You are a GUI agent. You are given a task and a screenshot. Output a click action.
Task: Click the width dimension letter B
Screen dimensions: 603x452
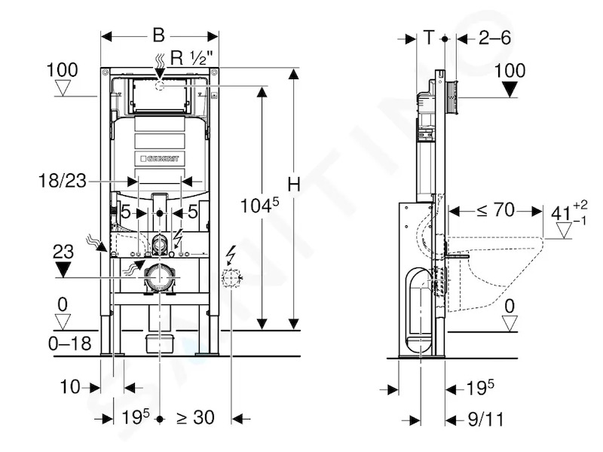(x=158, y=35)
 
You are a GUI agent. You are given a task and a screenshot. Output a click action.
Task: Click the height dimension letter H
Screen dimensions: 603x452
(x=294, y=185)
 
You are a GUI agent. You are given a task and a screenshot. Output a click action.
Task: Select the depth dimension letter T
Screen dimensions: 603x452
(x=429, y=38)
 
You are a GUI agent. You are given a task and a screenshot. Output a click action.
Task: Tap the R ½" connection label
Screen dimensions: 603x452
(x=191, y=58)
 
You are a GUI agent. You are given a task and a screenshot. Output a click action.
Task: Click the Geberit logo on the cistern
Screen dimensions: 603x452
(x=160, y=158)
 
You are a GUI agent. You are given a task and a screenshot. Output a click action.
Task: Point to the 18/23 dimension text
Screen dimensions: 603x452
(x=63, y=181)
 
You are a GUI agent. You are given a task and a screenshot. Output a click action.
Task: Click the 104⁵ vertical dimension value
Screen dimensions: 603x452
(x=259, y=205)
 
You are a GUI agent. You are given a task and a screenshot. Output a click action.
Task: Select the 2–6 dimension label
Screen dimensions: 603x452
(x=494, y=38)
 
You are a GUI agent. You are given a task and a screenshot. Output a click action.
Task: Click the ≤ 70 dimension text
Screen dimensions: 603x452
(x=495, y=210)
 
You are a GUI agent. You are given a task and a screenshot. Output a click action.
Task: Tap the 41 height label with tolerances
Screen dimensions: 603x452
(x=569, y=212)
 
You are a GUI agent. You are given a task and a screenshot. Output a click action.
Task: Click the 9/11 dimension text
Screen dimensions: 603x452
(x=485, y=420)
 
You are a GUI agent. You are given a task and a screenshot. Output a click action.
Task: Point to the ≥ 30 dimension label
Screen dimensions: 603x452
(x=195, y=418)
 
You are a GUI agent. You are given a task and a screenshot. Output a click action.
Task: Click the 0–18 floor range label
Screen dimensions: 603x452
(x=70, y=344)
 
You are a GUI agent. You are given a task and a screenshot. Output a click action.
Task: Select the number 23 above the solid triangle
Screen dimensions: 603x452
(x=63, y=252)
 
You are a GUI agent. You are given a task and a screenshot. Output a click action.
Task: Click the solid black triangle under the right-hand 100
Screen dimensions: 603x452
(x=510, y=90)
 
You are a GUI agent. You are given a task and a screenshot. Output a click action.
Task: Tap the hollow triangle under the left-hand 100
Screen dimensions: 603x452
(x=63, y=87)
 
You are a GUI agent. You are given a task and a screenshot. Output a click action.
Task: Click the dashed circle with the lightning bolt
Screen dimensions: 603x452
(x=231, y=278)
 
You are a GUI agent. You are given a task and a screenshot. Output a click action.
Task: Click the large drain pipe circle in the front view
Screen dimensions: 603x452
(x=159, y=277)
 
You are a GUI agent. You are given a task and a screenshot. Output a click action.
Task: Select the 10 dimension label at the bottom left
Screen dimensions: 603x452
(x=70, y=387)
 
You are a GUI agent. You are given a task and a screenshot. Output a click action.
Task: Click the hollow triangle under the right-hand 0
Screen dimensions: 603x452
(x=510, y=324)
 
